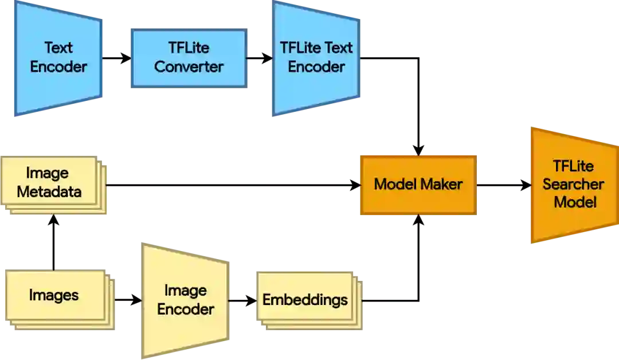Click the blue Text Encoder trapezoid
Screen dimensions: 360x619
(x=58, y=57)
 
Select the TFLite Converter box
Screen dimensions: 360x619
(x=189, y=57)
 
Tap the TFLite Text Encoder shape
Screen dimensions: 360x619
(x=316, y=57)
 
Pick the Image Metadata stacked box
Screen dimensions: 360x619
(x=52, y=182)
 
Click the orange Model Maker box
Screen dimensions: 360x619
(x=418, y=185)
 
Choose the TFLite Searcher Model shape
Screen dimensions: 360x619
(x=573, y=185)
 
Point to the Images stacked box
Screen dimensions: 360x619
(x=54, y=296)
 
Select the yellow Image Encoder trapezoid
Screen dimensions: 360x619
(x=186, y=300)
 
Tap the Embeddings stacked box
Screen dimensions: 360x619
(x=305, y=300)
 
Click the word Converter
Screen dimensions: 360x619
(x=189, y=66)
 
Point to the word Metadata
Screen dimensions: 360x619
(x=49, y=191)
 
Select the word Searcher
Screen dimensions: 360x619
(x=573, y=185)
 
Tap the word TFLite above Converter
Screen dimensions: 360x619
(x=189, y=48)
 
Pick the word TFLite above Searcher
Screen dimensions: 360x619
(x=573, y=166)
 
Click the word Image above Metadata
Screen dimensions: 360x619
(x=47, y=173)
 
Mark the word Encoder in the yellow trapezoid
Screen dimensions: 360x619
(x=186, y=309)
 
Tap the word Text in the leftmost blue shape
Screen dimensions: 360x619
(x=58, y=48)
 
